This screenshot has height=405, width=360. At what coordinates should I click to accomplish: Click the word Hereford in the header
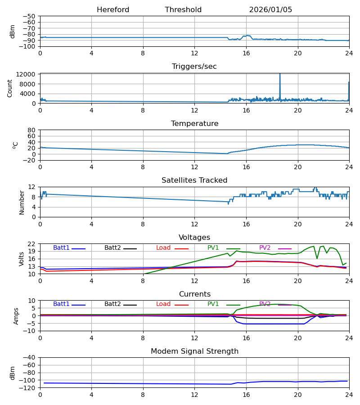[113, 10]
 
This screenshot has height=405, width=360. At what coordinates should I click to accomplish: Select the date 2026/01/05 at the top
[270, 10]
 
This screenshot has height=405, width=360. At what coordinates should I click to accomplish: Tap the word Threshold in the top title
[183, 10]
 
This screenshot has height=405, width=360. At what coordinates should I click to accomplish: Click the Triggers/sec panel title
[194, 67]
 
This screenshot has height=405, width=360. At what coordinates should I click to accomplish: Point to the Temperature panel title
[194, 124]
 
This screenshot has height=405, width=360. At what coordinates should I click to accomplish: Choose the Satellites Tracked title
[194, 180]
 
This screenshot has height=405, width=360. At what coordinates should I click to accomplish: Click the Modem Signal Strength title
[194, 351]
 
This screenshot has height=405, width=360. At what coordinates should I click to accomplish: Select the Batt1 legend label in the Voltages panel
[61, 248]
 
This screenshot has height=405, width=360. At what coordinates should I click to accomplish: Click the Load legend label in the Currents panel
[163, 304]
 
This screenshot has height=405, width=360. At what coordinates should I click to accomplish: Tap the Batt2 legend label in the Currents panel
[112, 304]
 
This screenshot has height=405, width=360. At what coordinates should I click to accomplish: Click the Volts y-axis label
[22, 259]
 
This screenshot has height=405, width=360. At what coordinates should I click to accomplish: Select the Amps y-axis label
[17, 316]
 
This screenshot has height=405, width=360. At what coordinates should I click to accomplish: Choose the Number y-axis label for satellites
[22, 202]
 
